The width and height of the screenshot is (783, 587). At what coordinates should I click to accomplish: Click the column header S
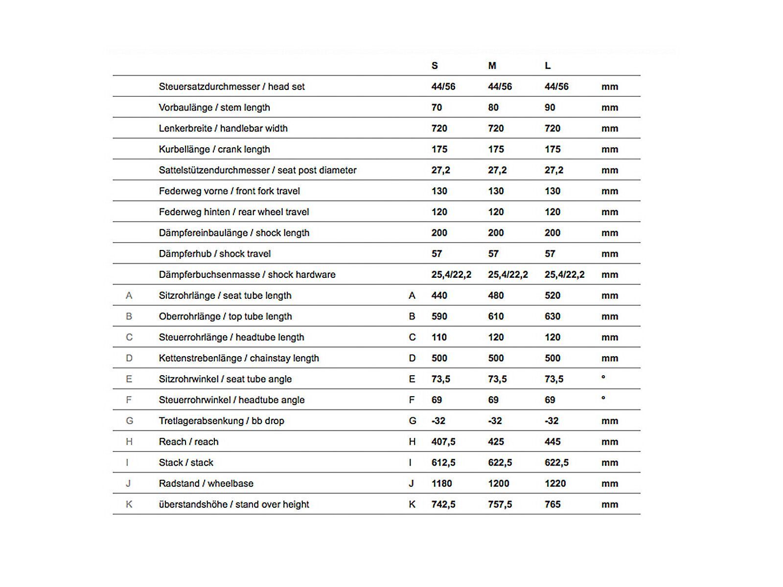(435, 66)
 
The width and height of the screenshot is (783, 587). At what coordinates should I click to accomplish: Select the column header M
(492, 66)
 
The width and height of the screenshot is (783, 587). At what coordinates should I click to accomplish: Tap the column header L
(548, 66)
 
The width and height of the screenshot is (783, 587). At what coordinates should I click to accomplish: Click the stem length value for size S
(437, 108)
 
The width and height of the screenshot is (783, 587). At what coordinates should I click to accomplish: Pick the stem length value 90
(550, 108)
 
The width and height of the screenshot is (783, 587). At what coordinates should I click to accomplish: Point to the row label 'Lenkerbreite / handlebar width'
(223, 129)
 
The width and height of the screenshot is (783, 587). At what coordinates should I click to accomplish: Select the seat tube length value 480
(496, 295)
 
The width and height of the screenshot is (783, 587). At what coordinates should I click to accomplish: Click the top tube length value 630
(553, 316)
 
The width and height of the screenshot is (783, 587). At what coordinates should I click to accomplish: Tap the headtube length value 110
(439, 338)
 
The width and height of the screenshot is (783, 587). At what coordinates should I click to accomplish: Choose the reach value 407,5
(443, 442)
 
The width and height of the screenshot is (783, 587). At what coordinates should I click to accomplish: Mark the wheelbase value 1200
(499, 484)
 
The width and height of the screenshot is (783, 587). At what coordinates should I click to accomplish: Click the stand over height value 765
(553, 504)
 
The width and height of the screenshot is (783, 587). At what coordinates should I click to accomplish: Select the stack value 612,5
(443, 463)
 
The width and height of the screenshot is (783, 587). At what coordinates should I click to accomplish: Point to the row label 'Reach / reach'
(188, 442)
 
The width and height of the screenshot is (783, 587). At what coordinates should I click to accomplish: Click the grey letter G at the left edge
(129, 421)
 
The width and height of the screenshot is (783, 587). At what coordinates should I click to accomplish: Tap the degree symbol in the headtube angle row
(603, 398)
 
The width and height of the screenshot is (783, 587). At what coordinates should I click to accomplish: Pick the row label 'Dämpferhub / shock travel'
(215, 254)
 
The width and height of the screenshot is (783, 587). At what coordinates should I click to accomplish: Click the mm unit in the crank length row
(610, 150)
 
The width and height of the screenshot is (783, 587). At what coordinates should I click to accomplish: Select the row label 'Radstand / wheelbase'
(206, 484)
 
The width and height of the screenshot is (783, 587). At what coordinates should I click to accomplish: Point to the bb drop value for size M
(495, 421)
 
